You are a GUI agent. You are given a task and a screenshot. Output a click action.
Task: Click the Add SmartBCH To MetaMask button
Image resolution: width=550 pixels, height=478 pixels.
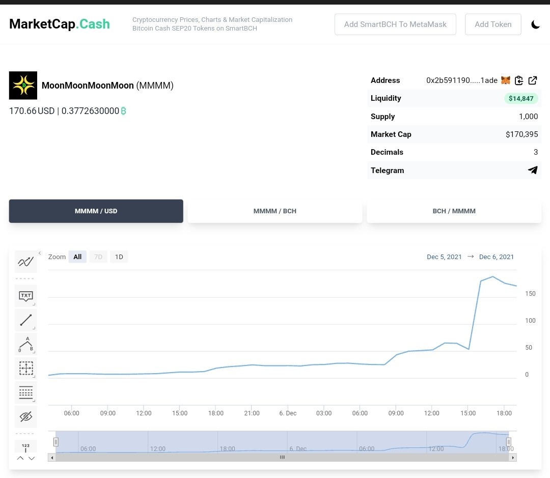pyautogui.click(x=395, y=24)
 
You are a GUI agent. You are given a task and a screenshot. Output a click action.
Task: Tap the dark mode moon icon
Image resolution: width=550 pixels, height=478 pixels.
pyautogui.click(x=535, y=24)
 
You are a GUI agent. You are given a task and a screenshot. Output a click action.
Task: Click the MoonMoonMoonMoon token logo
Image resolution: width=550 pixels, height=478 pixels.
pyautogui.click(x=23, y=85)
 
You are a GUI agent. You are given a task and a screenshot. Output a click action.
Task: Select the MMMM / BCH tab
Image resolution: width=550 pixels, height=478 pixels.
pyautogui.click(x=275, y=211)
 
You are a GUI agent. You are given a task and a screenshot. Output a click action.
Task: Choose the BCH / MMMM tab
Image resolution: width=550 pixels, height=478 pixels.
pyautogui.click(x=454, y=211)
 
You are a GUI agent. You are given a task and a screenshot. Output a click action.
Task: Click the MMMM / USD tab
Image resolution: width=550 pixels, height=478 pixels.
pyautogui.click(x=96, y=211)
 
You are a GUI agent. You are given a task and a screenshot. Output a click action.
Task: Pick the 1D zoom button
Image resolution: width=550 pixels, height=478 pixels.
pyautogui.click(x=119, y=257)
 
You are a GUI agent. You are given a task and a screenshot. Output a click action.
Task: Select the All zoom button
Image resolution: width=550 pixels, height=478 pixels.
pyautogui.click(x=77, y=257)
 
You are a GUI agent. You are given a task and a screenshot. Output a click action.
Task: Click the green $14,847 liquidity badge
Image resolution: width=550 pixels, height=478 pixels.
pyautogui.click(x=521, y=99)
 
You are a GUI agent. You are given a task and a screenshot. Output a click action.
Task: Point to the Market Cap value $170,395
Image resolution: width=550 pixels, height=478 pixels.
pyautogui.click(x=521, y=134)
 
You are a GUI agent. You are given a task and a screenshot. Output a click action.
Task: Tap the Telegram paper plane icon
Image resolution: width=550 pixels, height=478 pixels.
pyautogui.click(x=533, y=170)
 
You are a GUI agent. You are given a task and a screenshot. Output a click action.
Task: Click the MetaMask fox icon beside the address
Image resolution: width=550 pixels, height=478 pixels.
pyautogui.click(x=506, y=80)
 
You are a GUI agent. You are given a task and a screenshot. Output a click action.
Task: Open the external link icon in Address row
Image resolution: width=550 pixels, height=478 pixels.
pyautogui.click(x=533, y=80)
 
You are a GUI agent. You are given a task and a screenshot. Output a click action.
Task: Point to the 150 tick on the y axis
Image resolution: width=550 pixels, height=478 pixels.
pyautogui.click(x=530, y=294)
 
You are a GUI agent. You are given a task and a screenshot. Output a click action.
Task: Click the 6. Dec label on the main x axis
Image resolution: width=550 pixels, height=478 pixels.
pyautogui.click(x=288, y=413)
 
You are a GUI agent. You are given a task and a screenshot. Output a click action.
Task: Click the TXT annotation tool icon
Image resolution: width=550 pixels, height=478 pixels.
pyautogui.click(x=26, y=296)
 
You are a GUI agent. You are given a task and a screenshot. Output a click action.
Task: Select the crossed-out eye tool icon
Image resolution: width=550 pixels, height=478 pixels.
pyautogui.click(x=26, y=416)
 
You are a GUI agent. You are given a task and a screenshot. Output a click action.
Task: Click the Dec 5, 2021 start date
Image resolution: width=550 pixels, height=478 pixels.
pyautogui.click(x=444, y=257)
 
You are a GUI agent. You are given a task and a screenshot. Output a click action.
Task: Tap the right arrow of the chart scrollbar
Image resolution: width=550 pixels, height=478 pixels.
pyautogui.click(x=513, y=457)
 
